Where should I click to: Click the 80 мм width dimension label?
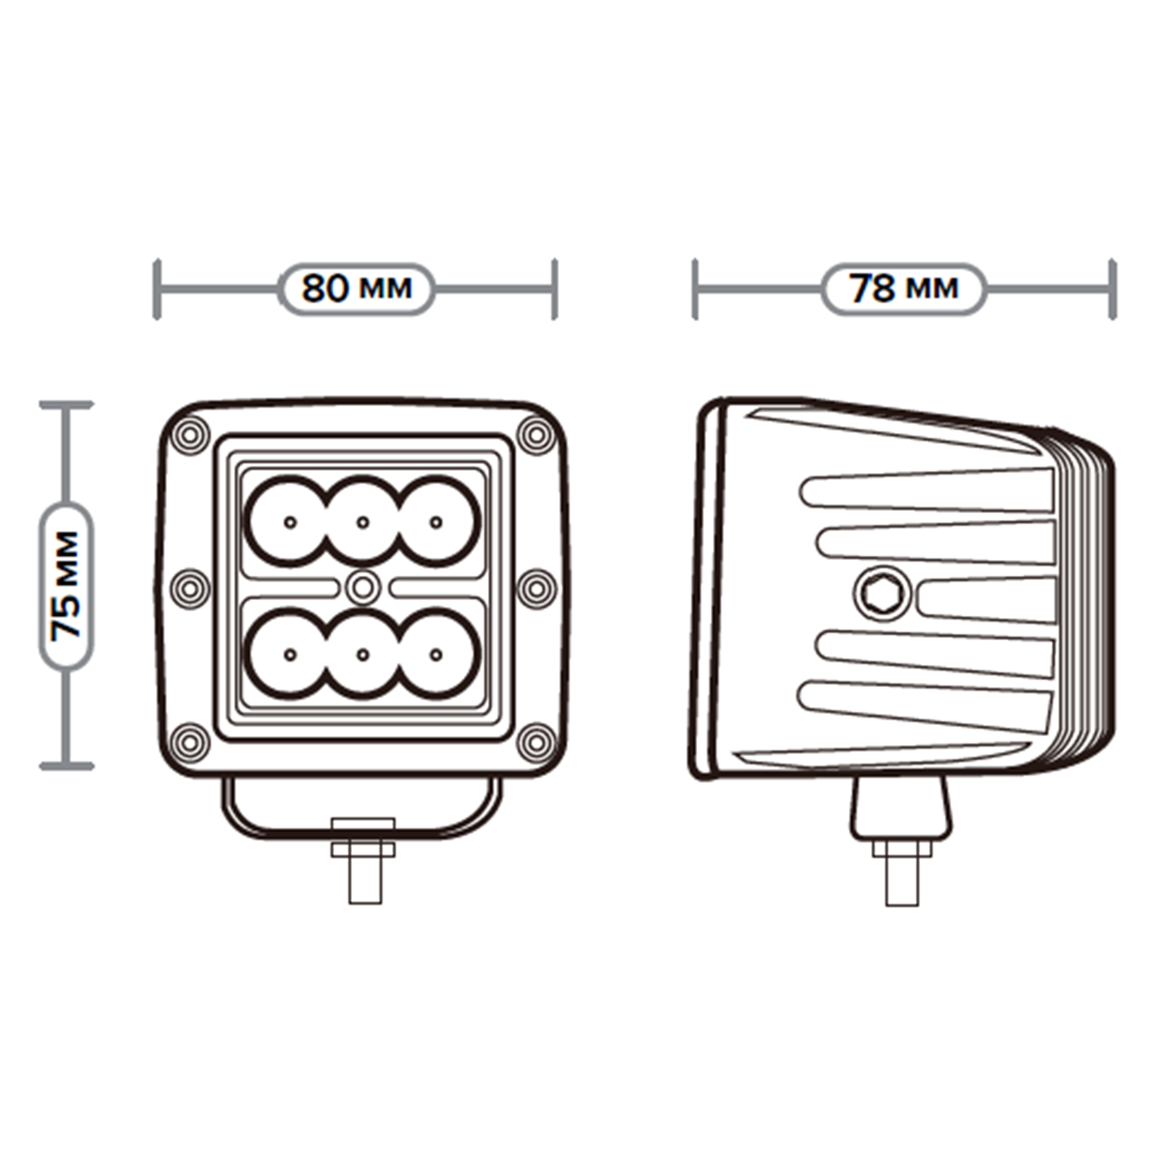coord(357,289)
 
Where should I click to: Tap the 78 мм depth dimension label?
coord(903,289)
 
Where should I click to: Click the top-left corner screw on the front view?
coord(190,434)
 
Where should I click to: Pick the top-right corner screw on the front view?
coord(536,434)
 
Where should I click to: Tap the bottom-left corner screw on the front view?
coord(190,741)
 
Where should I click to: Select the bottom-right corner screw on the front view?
coord(536,741)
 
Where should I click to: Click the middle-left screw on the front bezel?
coord(190,587)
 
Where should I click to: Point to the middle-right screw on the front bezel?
coord(536,587)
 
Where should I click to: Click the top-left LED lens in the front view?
coord(290,521)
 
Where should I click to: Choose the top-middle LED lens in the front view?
coord(363,521)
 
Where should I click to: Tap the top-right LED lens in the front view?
coord(436,521)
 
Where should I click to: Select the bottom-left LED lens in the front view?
coord(290,654)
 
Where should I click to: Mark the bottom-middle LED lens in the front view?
coord(363,654)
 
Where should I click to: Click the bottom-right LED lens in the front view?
coord(436,654)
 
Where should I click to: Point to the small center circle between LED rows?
coord(363,587)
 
